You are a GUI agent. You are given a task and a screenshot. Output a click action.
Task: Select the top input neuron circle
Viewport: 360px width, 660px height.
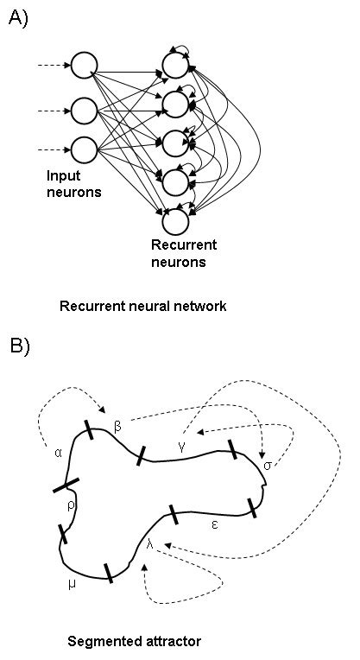click(85, 65)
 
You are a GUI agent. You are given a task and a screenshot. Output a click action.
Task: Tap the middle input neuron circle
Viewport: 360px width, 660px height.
click(85, 110)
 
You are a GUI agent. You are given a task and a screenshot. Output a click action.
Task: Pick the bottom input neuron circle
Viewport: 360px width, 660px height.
click(85, 149)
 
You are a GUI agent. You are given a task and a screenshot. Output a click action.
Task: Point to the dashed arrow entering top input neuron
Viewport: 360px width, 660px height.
click(54, 65)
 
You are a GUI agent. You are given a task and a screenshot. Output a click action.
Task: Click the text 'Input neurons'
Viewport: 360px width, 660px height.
click(73, 184)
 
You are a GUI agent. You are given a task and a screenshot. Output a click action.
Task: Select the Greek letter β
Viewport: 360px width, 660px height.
click(118, 428)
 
